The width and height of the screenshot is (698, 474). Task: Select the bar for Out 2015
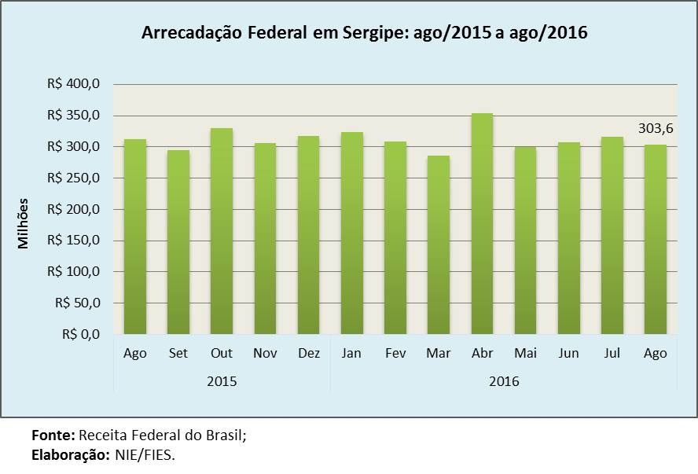tap(222, 231)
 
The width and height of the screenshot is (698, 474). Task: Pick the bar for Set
tap(178, 242)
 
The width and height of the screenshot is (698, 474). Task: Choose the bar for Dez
tap(308, 235)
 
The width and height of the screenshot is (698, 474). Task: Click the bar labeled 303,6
tap(655, 240)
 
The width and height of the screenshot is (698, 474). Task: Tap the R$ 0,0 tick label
tap(80, 334)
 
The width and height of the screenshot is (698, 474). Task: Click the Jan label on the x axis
tap(351, 353)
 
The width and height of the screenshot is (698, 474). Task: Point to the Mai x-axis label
tap(525, 353)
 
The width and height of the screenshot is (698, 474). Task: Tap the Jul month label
tap(612, 353)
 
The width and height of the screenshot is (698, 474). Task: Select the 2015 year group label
tap(222, 381)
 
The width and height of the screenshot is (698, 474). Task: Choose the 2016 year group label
tap(504, 381)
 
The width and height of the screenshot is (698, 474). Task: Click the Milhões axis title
tap(24, 223)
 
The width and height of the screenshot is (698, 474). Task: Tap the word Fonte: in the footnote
tap(53, 435)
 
